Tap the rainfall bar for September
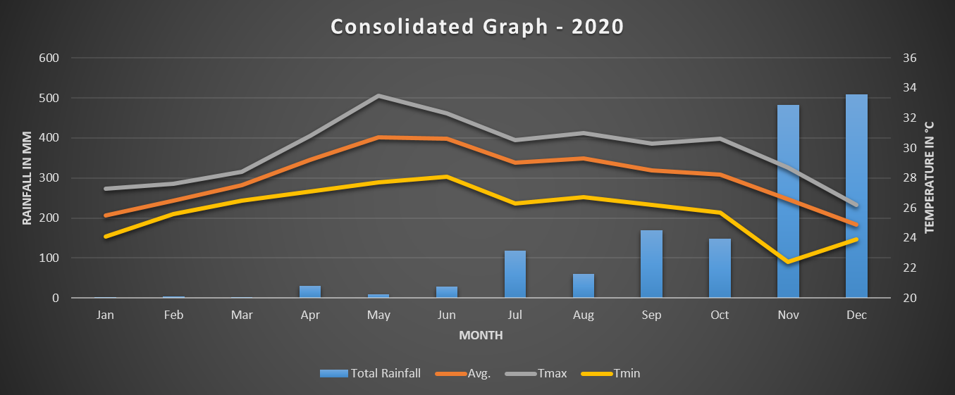point(651,264)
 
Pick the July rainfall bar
point(515,274)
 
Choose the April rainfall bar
point(310,291)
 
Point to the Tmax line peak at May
point(378,96)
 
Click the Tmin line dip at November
point(788,262)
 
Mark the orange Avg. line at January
point(106,215)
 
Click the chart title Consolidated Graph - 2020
point(477,27)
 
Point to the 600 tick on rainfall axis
point(49,58)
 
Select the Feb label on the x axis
point(173,315)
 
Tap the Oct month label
point(720,315)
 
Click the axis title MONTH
point(481,335)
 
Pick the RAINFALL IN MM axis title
point(27,177)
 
